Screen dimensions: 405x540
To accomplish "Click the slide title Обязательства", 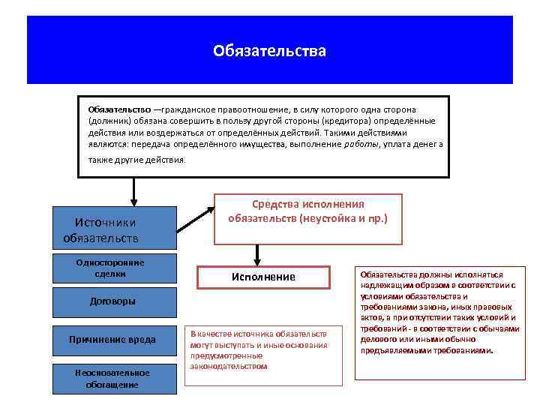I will [269, 51].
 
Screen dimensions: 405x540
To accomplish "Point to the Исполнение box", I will [262, 277].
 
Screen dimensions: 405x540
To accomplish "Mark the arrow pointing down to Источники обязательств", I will [133, 192].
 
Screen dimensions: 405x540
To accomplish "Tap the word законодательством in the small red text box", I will [229, 367].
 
